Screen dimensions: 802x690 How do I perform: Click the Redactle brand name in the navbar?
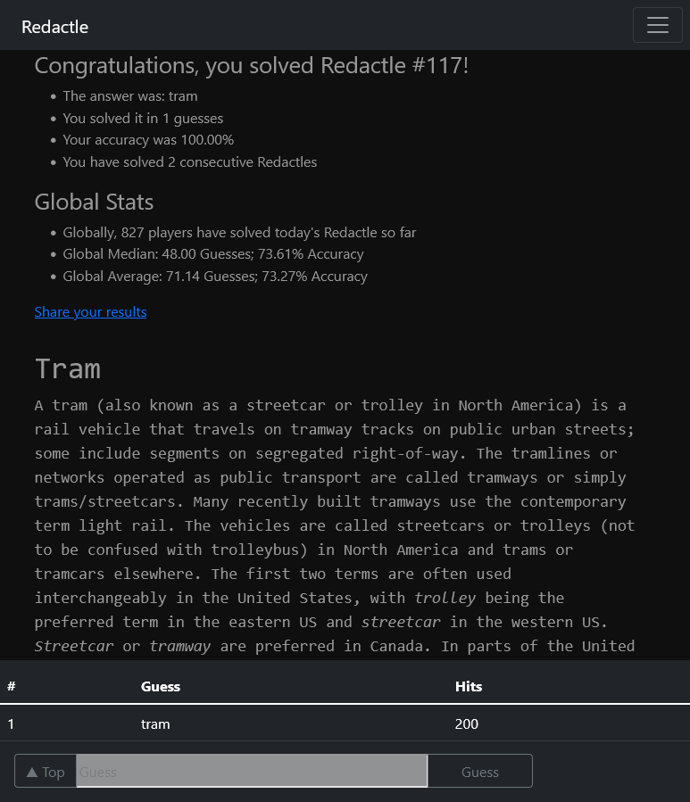[54, 27]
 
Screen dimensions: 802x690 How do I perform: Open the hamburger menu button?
[657, 25]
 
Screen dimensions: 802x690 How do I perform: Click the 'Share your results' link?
[90, 312]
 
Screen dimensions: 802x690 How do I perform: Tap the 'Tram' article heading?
[68, 368]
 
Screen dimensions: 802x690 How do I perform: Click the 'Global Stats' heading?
[94, 203]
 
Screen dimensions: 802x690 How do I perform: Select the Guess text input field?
[252, 772]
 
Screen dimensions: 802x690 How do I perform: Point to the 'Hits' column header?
[469, 686]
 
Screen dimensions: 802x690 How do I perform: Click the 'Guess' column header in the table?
[161, 686]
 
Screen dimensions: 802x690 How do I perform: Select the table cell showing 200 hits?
[467, 723]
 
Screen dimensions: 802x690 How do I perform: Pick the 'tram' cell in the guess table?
[155, 723]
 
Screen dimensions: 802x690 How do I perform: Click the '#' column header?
[12, 686]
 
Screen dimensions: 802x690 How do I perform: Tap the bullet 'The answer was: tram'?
[130, 96]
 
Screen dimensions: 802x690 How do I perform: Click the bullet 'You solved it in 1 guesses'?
[143, 119]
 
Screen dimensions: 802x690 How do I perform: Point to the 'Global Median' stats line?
[213, 254]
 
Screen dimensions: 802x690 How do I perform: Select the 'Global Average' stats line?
[215, 277]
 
